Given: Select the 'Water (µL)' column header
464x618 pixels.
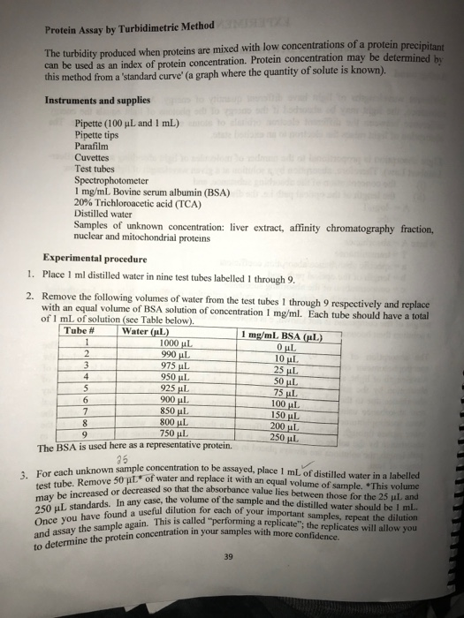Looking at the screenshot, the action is coord(146,332).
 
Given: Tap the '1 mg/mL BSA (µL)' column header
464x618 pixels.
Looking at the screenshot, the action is coord(281,336).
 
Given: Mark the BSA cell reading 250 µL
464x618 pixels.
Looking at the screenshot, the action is coord(284,437).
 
